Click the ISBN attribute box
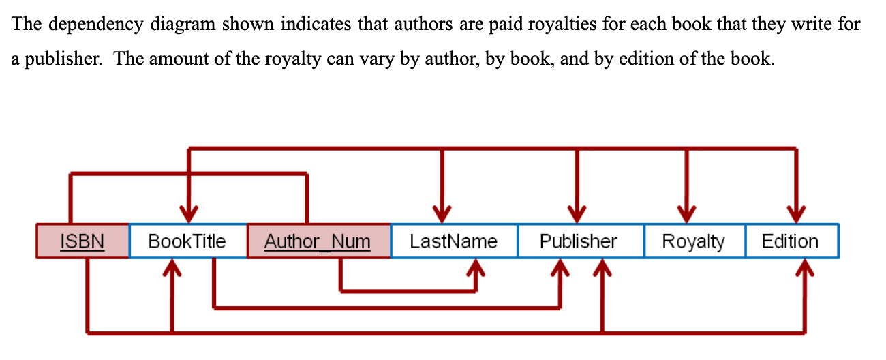82,241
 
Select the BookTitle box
187,241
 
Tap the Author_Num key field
318,241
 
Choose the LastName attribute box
453,241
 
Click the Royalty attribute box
693,241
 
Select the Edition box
790,241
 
